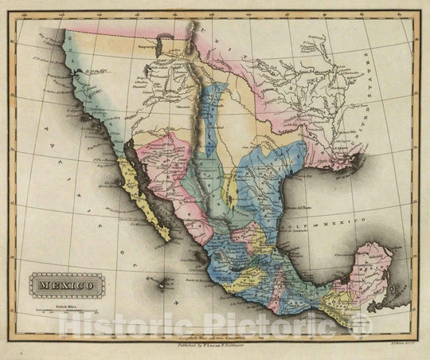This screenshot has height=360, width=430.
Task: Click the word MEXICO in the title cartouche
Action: tap(66, 283)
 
